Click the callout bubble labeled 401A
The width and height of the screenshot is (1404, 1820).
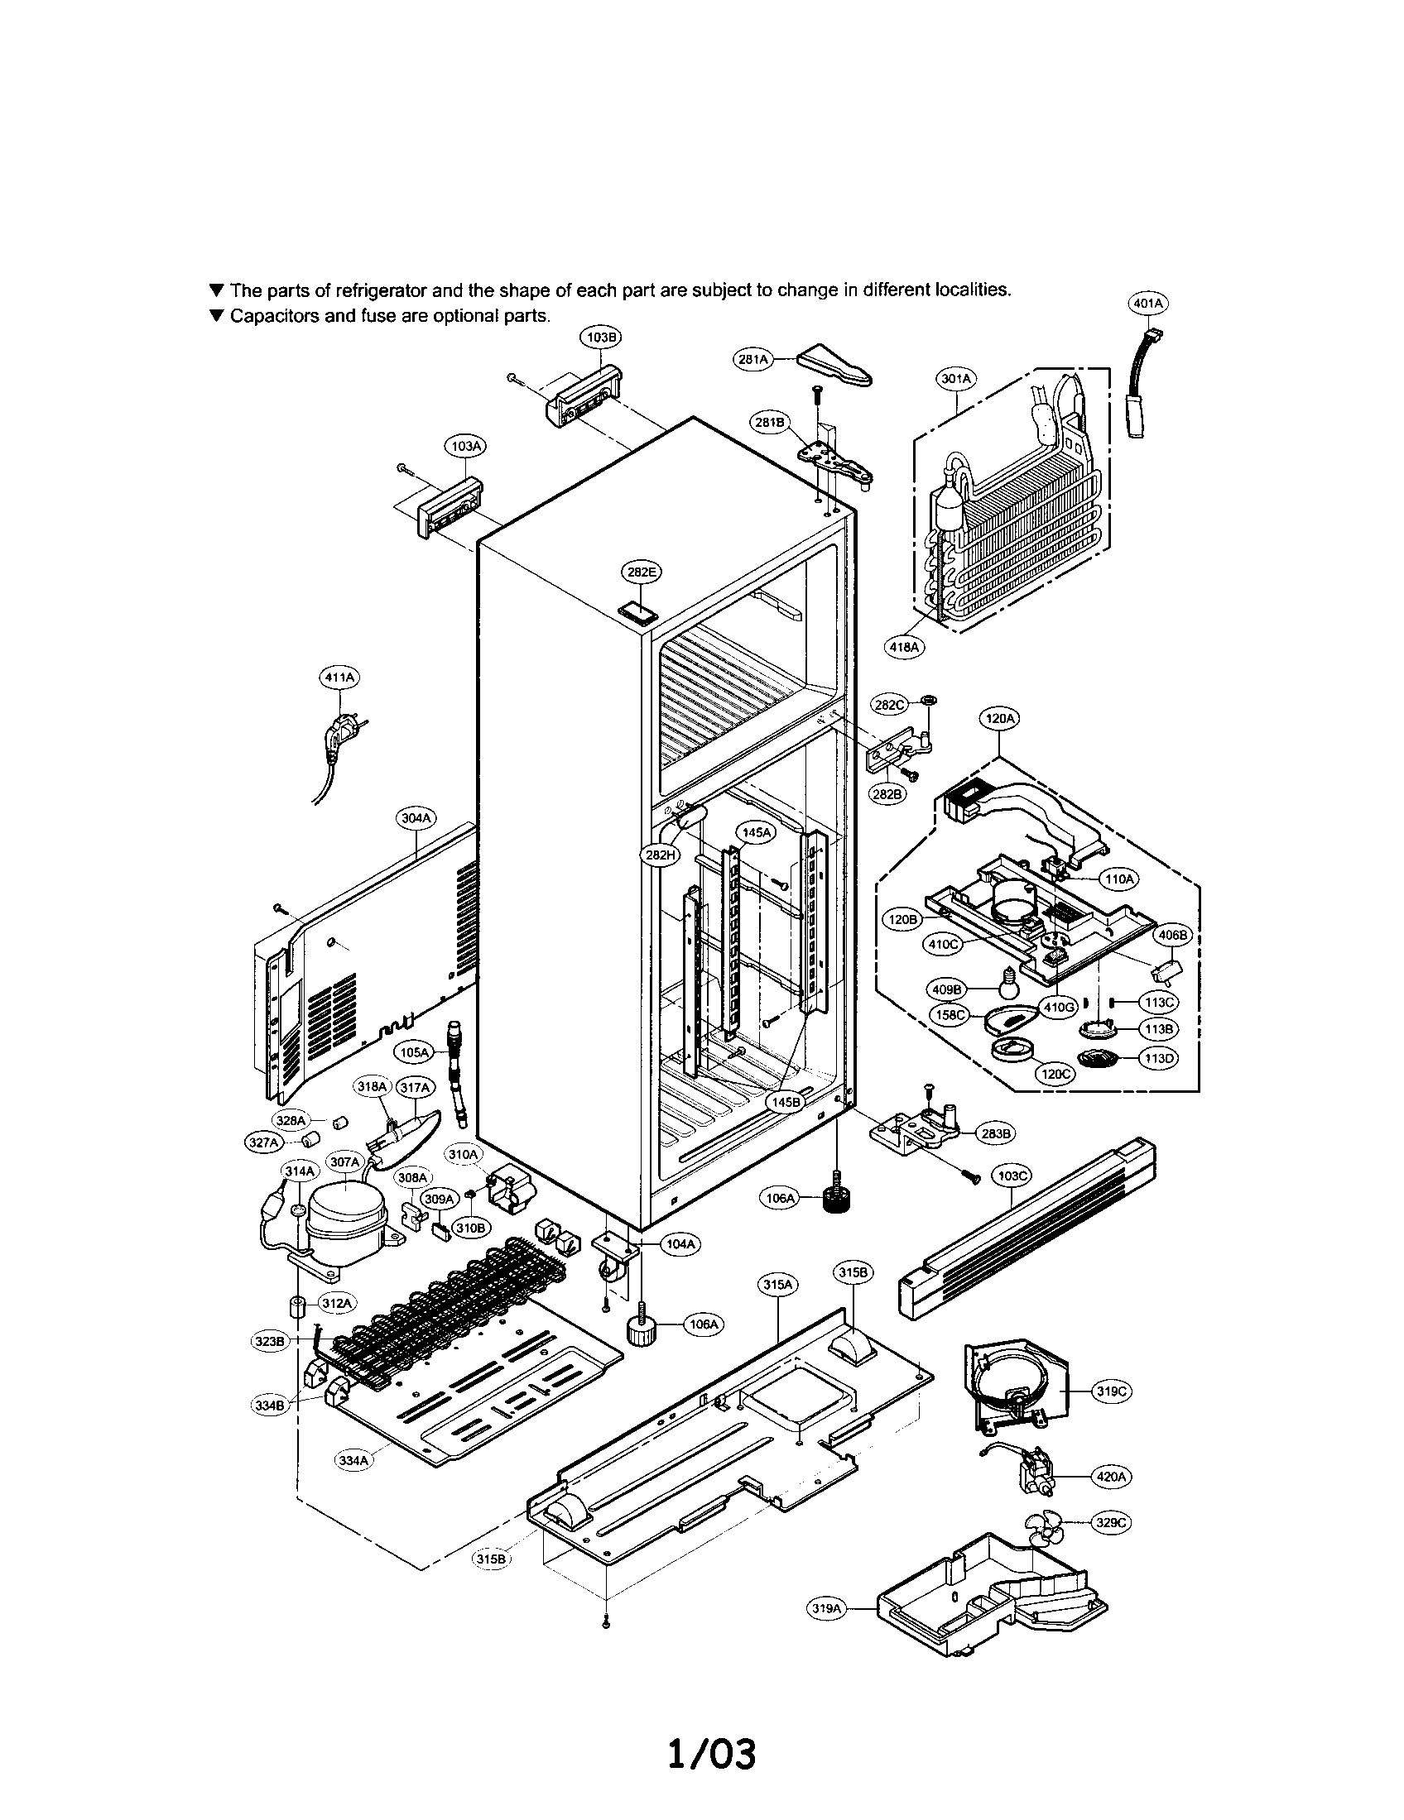[1147, 304]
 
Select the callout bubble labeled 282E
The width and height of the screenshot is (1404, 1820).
[640, 572]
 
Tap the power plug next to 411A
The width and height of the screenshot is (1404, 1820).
[340, 737]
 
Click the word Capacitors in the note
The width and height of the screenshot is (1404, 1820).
[270, 316]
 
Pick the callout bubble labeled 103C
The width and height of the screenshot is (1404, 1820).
[1012, 1176]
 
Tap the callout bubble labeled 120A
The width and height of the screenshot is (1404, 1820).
[1000, 718]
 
